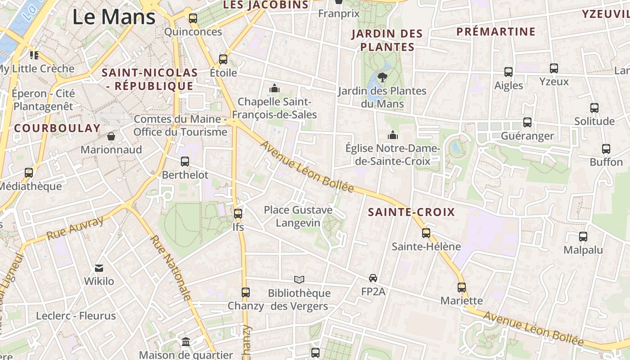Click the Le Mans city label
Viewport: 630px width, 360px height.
(x=114, y=17)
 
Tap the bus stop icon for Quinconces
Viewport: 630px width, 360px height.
(x=193, y=18)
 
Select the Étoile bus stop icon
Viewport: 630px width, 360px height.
(x=223, y=59)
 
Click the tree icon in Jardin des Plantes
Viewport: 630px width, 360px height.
(x=382, y=77)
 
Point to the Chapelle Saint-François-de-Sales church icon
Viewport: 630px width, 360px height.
(x=274, y=88)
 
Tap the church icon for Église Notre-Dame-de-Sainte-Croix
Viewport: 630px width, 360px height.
(x=393, y=135)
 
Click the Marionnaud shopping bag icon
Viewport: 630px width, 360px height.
(x=111, y=136)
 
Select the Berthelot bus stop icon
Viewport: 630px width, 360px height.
(x=185, y=162)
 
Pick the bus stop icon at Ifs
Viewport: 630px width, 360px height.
(x=238, y=214)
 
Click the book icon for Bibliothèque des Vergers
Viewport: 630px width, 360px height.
(x=299, y=280)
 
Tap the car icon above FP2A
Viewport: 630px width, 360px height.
(x=373, y=278)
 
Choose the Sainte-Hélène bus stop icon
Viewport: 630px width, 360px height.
(x=426, y=233)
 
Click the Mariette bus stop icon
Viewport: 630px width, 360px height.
(x=462, y=288)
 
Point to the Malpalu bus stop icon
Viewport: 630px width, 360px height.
(x=583, y=237)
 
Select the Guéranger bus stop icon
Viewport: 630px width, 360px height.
(x=527, y=122)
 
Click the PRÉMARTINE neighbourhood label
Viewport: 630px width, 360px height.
(x=496, y=32)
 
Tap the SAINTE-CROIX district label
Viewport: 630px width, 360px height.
(x=411, y=212)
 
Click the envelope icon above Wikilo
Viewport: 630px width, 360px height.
(x=99, y=268)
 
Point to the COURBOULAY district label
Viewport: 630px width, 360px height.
(x=57, y=128)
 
